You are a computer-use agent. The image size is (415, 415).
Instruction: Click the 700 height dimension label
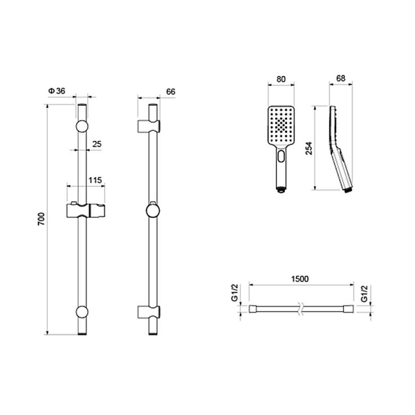tap(41, 219)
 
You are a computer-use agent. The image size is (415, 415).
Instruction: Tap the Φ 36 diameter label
tap(57, 91)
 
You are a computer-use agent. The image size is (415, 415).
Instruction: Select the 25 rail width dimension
tap(97, 145)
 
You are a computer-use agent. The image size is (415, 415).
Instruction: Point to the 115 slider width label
tap(95, 181)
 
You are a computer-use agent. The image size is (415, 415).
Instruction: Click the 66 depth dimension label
tap(171, 91)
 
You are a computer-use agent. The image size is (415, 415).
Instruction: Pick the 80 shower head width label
tap(281, 79)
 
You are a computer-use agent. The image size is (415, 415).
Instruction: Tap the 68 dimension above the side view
tap(341, 78)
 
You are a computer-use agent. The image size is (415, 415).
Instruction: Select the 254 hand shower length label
tap(309, 149)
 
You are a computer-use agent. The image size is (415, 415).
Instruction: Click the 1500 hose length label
tap(300, 279)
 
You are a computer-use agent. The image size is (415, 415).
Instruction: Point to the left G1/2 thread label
tap(235, 293)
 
